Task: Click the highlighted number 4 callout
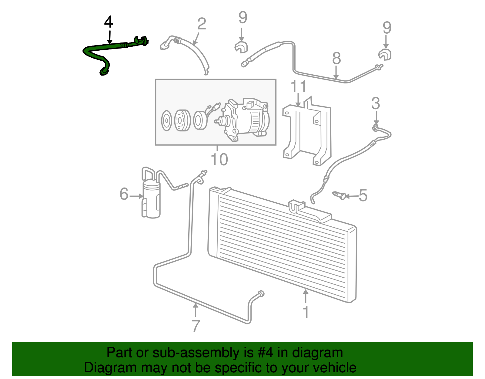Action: coord(109,22)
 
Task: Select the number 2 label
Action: coord(202,24)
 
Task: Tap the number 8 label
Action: coord(336,59)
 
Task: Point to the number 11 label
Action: coord(299,87)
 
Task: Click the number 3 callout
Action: coord(376,104)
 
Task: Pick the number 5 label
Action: coord(363,195)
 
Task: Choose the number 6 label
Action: coord(124,194)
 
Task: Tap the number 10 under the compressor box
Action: coord(219,160)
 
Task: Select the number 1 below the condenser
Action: coord(306,312)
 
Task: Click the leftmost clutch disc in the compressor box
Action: coord(166,121)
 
